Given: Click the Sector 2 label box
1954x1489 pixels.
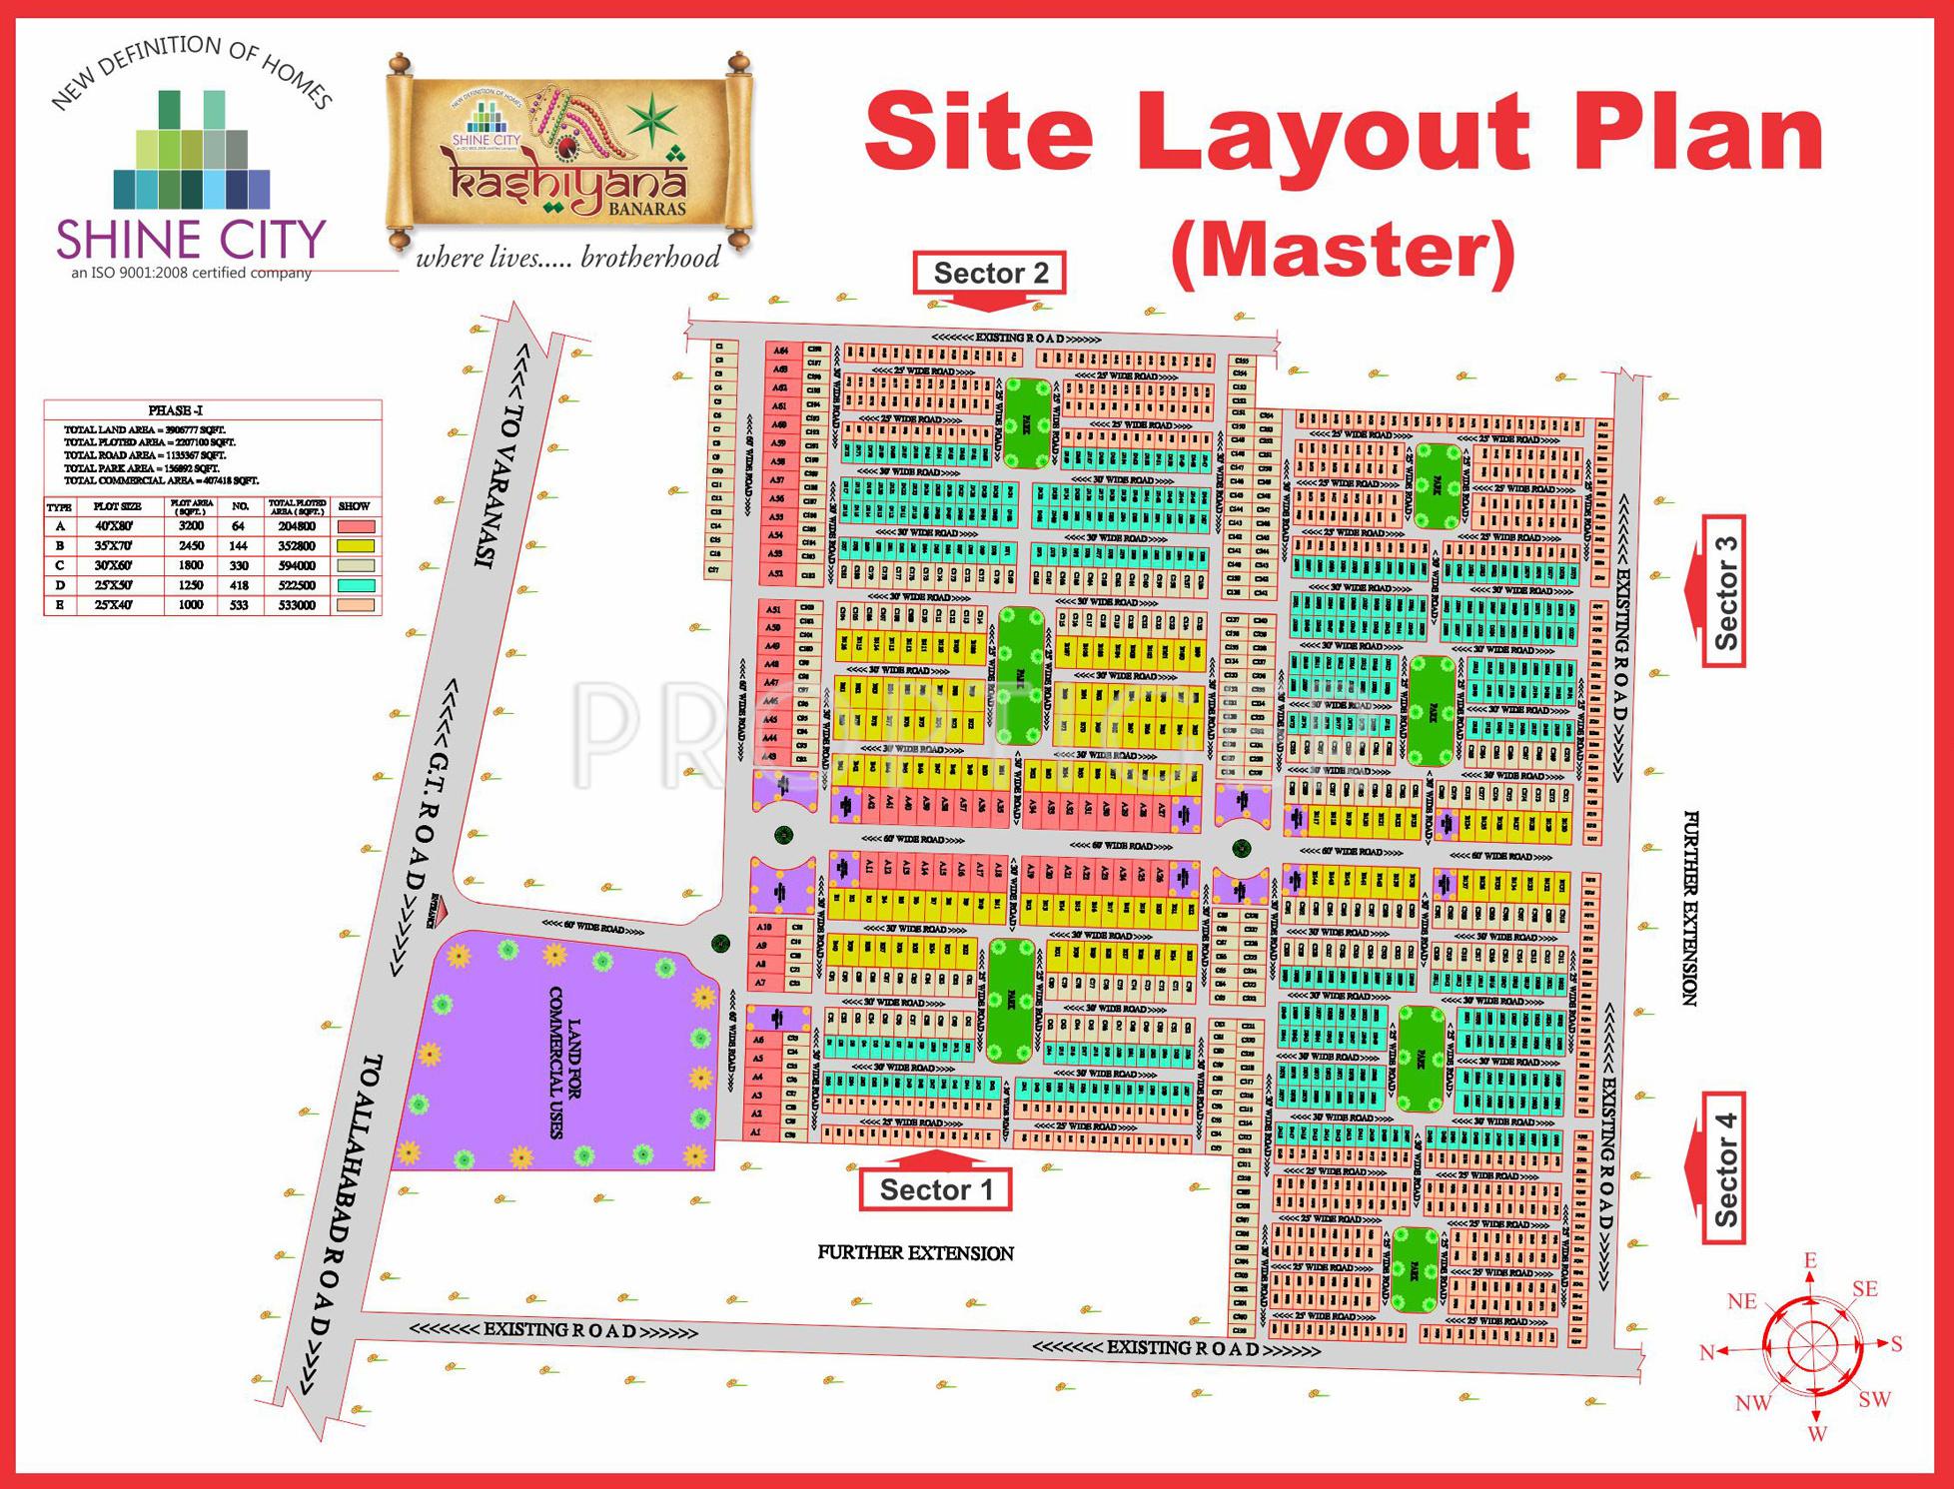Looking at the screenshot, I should click(990, 273).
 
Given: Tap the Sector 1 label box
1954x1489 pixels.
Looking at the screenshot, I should click(936, 1189).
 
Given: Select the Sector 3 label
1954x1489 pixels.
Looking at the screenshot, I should click(1725, 592).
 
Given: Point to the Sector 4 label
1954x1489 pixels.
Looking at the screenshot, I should click(1725, 1168).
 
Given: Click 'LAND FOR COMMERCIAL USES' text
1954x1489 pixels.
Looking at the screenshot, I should click(564, 1064).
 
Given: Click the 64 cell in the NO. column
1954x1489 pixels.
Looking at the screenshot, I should click(239, 526).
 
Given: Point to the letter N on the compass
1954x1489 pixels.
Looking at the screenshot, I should click(1706, 1353).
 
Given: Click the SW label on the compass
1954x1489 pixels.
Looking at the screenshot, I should click(1874, 1399).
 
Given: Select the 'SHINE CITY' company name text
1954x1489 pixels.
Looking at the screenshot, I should click(191, 241).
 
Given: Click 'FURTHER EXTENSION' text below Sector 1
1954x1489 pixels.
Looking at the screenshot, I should click(915, 1252).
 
